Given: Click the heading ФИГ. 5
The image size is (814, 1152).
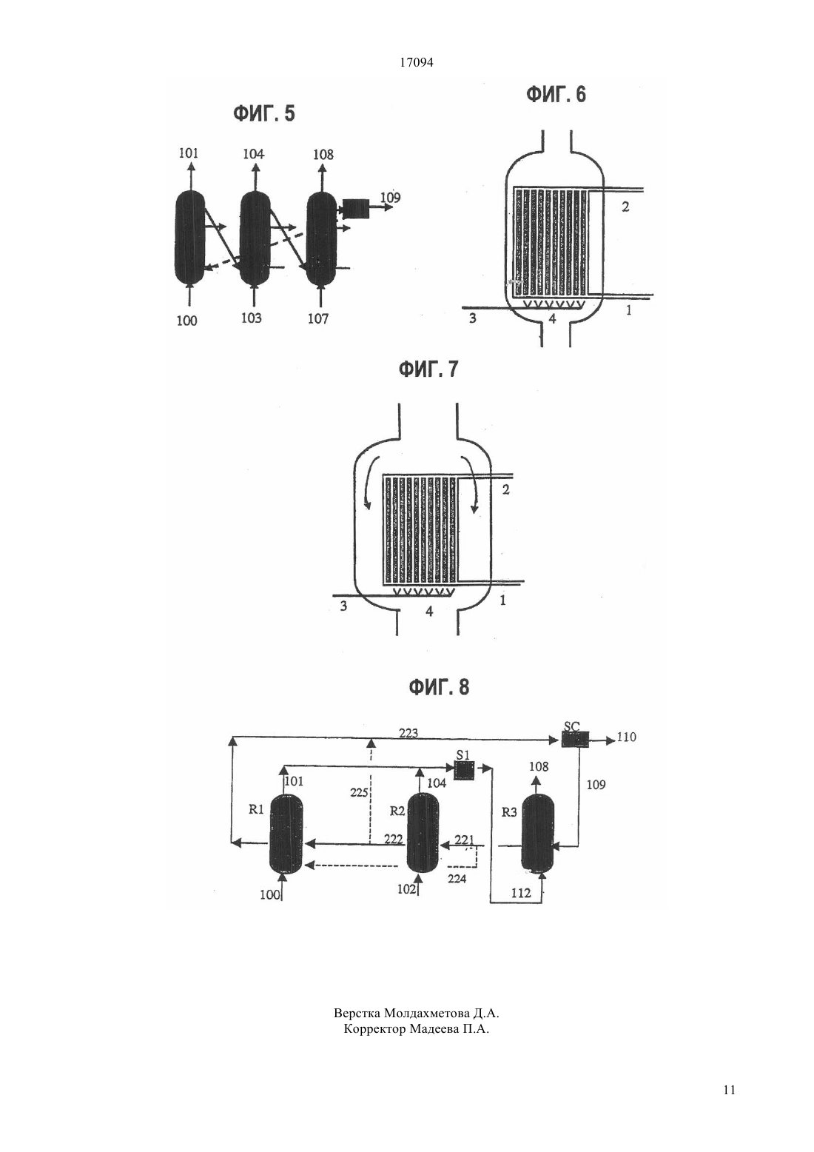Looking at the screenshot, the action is [264, 114].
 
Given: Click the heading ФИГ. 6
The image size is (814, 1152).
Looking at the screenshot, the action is [556, 95].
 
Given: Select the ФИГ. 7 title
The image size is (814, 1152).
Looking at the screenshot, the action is [428, 369].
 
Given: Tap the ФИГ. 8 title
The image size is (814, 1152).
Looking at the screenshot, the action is [439, 687].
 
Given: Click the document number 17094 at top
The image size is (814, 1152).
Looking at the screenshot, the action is [416, 63].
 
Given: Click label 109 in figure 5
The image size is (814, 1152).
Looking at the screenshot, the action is [390, 198].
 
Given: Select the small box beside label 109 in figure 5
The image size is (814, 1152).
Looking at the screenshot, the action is [353, 209].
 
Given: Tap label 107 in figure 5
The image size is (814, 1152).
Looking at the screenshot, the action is [318, 319].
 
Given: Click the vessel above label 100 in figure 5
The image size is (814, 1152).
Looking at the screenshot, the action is [190, 238].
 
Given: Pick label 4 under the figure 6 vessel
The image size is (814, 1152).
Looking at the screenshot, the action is [553, 319].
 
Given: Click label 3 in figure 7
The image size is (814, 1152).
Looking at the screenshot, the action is [343, 606].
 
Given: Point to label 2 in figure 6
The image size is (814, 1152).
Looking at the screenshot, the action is [625, 207].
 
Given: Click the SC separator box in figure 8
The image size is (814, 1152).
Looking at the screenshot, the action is [575, 740].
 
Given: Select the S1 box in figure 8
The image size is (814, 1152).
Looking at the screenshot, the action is [464, 771].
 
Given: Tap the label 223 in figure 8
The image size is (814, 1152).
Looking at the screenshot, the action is [408, 734].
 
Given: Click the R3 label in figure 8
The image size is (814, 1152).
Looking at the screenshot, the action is [509, 812].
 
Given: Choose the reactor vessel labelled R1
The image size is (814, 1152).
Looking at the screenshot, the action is [286, 833].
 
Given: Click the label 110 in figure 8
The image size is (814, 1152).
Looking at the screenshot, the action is [627, 737].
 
